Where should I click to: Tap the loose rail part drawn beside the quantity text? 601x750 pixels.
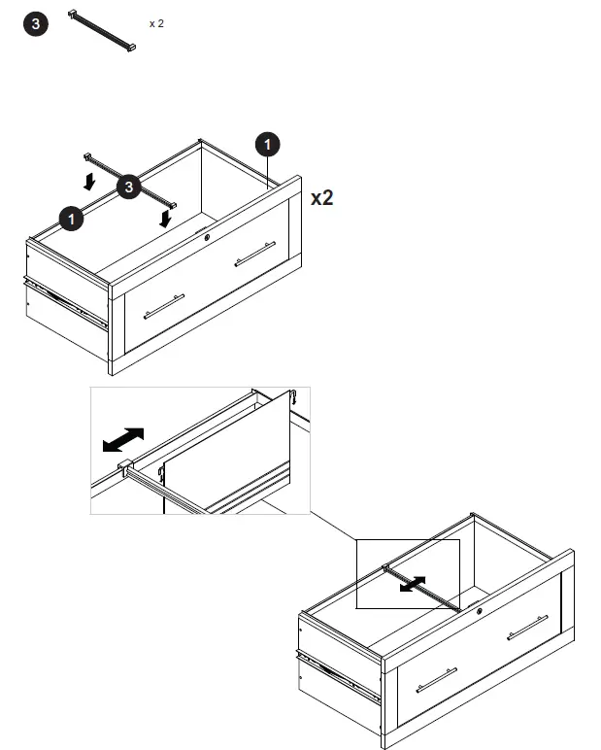tap(100, 30)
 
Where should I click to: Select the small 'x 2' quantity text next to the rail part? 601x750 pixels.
tap(156, 22)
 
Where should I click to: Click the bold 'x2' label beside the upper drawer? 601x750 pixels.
tap(322, 198)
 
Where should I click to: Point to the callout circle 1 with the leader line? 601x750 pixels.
tap(268, 145)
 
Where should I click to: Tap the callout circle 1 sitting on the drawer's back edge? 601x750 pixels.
tap(71, 219)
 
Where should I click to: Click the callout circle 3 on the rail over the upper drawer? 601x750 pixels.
tap(129, 187)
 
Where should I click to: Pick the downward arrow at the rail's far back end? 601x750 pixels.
tap(89, 180)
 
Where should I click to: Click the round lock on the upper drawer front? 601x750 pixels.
tap(208, 236)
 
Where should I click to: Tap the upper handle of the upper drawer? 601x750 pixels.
tap(254, 254)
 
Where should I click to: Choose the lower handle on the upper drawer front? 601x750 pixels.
tap(163, 306)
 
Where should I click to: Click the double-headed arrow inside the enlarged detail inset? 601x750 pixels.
tap(123, 440)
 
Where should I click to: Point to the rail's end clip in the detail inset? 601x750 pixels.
tap(124, 468)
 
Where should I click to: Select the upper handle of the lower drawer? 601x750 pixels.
tap(527, 628)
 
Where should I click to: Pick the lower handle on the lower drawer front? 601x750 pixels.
tap(436, 680)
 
